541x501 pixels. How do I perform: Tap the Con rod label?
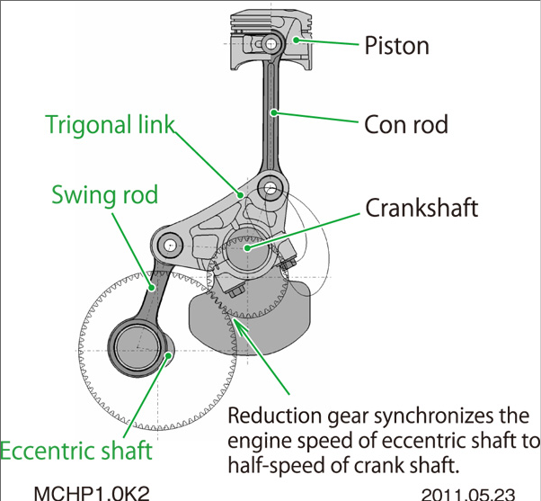tap(406, 122)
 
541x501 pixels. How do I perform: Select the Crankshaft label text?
tap(421, 209)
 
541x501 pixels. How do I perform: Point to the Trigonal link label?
tap(110, 124)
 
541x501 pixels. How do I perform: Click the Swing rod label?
tap(104, 194)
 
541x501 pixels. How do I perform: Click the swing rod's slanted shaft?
tap(154, 292)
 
